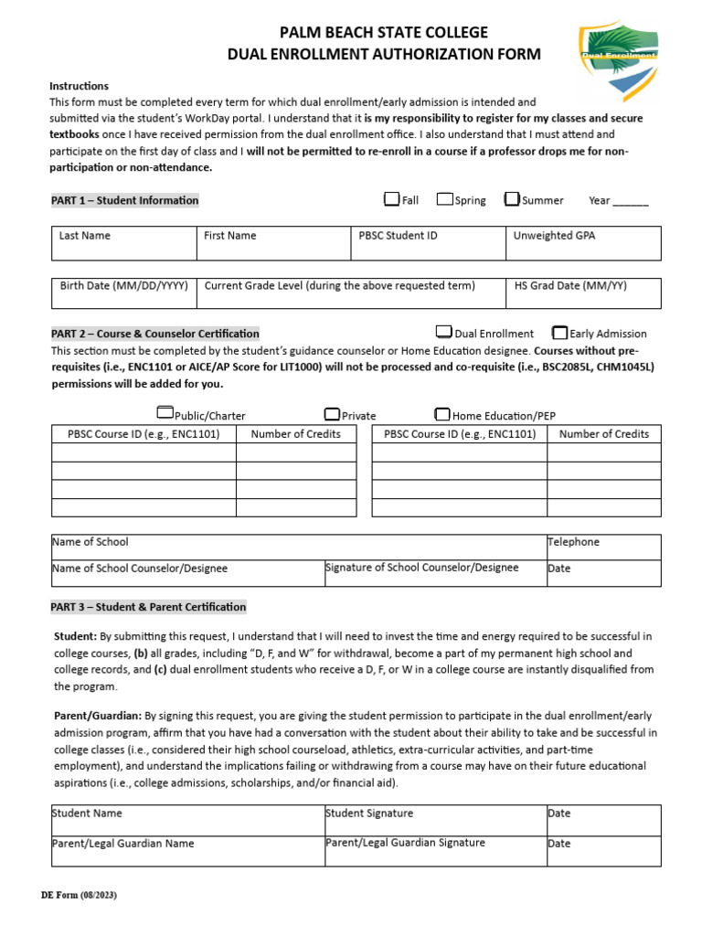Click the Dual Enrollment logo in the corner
pos(617,61)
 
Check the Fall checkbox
pos(392,199)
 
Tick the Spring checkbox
pos(444,199)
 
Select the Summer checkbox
pos(512,199)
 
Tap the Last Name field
pos(123,244)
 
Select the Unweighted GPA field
pos(582,244)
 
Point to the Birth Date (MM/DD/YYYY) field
pos(123,293)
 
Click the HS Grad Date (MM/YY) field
pos(582,293)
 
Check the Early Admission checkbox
pos(559,333)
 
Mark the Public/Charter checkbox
pos(165,414)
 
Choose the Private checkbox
pos(332,414)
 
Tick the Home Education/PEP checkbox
pos(442,414)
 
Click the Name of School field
pos(298,547)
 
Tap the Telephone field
pos(602,547)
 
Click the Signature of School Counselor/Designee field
pos(434,573)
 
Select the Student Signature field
pos(434,820)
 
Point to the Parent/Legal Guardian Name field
pos(187,850)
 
